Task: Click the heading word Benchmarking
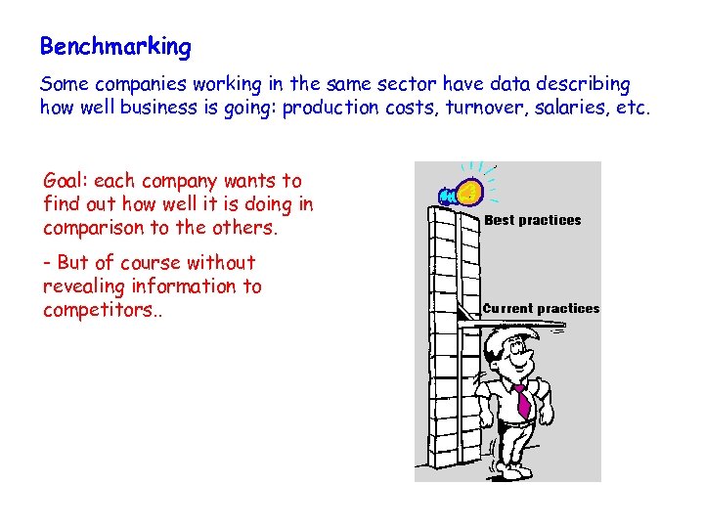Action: point(115,46)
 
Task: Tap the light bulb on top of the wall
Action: point(468,190)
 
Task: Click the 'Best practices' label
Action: point(533,220)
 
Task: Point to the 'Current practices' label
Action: point(542,308)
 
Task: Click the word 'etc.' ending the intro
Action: point(633,108)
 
